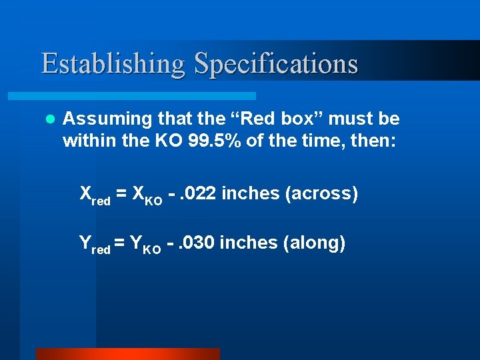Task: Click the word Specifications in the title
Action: point(276,64)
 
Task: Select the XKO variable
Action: point(147,195)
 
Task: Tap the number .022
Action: point(197,194)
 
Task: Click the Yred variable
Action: point(95,245)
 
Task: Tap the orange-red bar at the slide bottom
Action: point(127,354)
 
